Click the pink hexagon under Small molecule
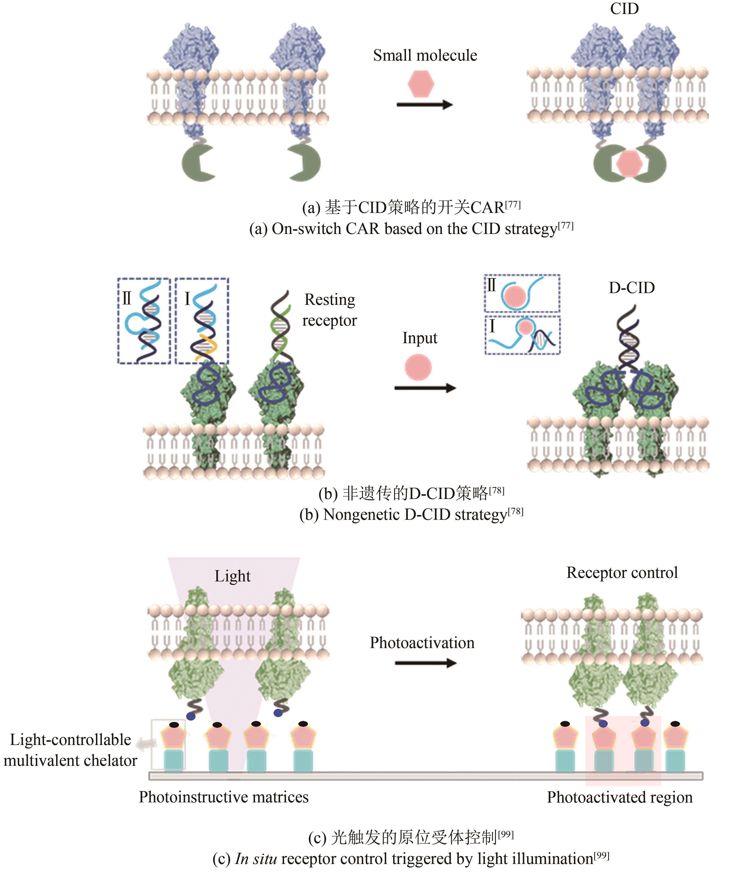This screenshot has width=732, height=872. tap(421, 84)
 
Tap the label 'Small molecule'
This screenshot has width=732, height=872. tap(425, 55)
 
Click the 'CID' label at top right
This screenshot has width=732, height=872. tap(624, 9)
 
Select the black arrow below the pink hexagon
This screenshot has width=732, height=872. tap(424, 105)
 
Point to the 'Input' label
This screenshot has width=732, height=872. tap(419, 338)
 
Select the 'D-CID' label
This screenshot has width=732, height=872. tap(632, 288)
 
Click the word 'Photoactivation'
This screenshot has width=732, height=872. tap(422, 643)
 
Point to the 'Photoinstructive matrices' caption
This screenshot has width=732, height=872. tap(223, 797)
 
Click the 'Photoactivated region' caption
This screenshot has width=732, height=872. tap(620, 798)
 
